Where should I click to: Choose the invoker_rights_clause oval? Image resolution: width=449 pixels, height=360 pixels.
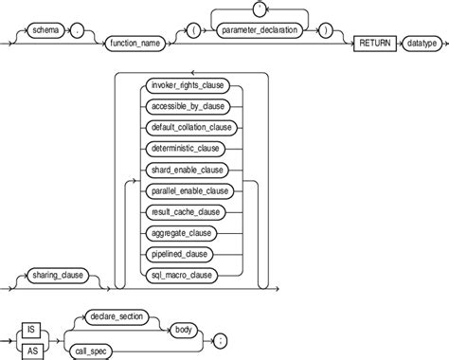tap(187, 84)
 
